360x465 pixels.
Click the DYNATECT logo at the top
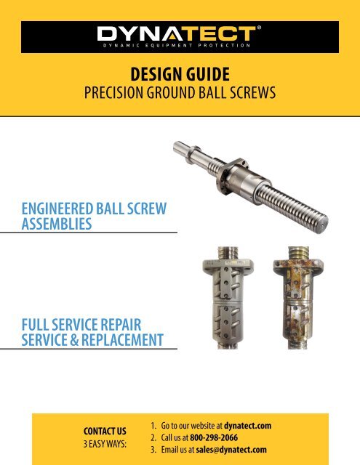pyautogui.click(x=180, y=33)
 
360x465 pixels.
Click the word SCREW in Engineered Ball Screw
pyautogui.click(x=145, y=210)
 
